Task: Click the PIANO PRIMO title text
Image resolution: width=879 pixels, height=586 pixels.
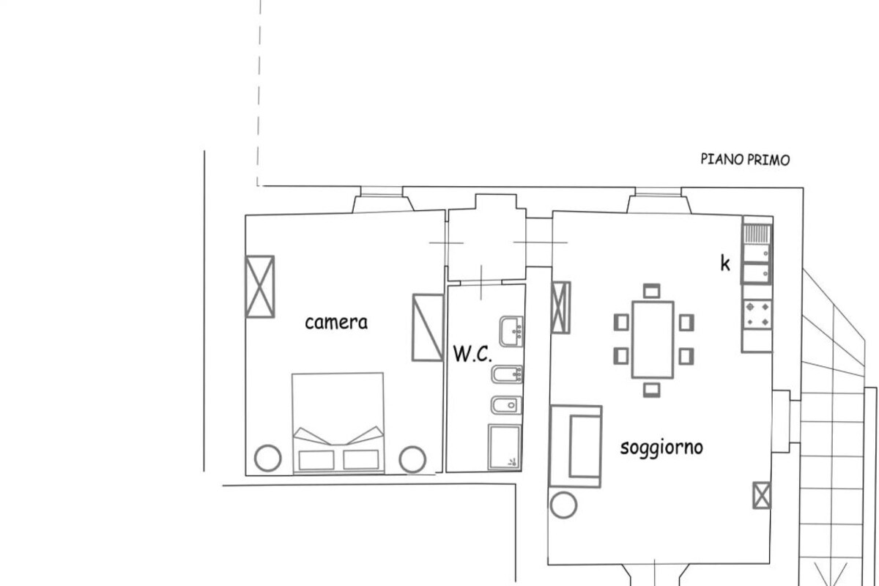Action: pos(745,160)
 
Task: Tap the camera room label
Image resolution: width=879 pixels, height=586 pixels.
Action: pos(336,322)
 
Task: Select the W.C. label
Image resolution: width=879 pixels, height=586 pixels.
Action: pos(472,353)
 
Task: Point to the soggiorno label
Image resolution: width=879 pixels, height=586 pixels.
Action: pos(661,448)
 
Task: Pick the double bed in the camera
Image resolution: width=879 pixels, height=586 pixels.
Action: pos(338,423)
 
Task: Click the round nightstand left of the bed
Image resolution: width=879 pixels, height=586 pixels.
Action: pos(268,458)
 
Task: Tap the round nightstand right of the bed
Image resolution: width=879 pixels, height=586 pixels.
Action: pos(412,459)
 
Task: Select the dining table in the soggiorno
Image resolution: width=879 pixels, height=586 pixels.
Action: pos(653,340)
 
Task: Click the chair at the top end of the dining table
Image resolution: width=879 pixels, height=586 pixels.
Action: pos(651,291)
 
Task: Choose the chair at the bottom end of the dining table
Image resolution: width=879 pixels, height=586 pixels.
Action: pos(651,390)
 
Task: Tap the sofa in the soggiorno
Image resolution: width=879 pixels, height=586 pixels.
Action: pos(576,446)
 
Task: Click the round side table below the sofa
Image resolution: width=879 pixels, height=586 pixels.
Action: pos(563,505)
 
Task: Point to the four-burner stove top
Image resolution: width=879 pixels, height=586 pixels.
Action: pos(757,314)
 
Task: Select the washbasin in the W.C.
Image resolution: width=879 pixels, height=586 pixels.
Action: pos(511,331)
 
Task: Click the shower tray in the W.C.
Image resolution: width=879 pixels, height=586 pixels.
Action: pos(504,447)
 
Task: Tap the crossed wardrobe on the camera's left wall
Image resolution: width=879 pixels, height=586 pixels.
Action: pos(260,286)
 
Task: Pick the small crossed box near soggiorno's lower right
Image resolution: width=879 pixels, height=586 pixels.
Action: pos(762,495)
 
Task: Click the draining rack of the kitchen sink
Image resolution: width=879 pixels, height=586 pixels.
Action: pos(757,233)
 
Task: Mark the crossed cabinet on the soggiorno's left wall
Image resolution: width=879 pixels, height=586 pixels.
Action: pos(560,308)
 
